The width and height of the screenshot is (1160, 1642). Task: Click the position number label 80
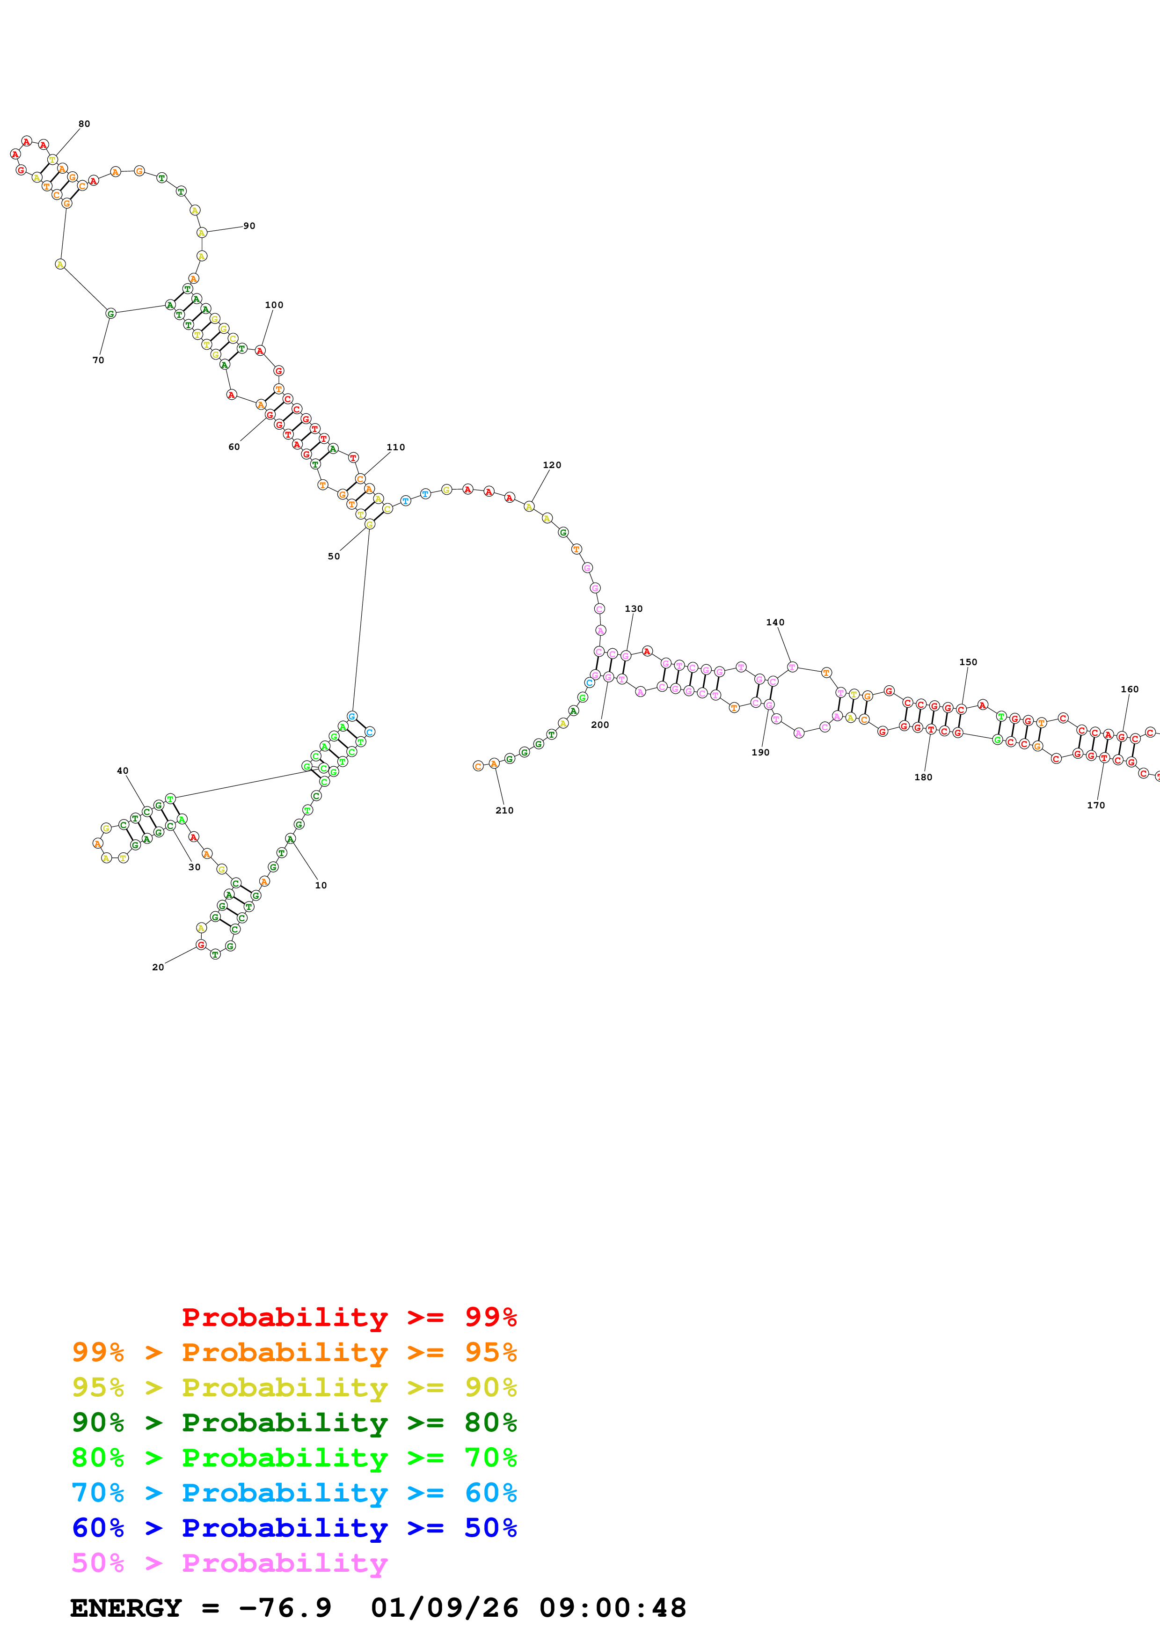click(x=84, y=124)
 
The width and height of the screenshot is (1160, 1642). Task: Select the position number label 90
click(x=249, y=226)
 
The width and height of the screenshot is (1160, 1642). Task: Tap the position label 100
click(x=274, y=305)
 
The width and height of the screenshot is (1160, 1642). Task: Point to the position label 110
click(x=395, y=447)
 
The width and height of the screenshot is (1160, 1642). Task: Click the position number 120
click(x=552, y=465)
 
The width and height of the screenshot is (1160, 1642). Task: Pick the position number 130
click(x=633, y=608)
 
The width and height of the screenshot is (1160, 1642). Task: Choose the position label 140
click(x=775, y=622)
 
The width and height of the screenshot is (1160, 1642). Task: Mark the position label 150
click(x=968, y=662)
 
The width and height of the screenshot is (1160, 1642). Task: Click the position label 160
click(x=1129, y=689)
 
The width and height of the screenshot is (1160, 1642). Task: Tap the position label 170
click(x=1096, y=805)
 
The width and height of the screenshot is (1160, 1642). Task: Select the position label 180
click(x=923, y=777)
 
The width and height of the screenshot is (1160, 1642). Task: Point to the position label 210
click(x=504, y=810)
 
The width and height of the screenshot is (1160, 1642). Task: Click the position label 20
click(x=158, y=967)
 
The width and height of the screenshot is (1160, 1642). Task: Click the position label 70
click(x=98, y=360)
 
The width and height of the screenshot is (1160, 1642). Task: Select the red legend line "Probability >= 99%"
click(x=349, y=1317)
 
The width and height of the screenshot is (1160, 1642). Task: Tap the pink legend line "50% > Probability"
click(x=229, y=1562)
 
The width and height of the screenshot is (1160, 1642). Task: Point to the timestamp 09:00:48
click(x=613, y=1608)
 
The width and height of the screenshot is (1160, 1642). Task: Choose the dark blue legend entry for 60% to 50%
click(x=294, y=1528)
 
